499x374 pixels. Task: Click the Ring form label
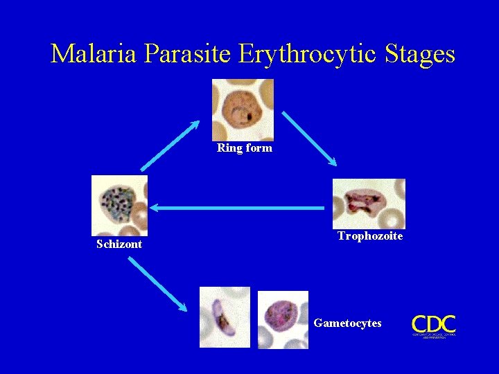tap(245, 148)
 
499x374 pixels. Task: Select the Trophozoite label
tap(369, 236)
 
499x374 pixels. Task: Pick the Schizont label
tap(119, 244)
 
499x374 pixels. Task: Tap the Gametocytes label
tap(347, 323)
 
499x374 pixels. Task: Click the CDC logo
tap(434, 324)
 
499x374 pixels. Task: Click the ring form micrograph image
tap(243, 109)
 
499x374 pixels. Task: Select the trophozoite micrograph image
tap(368, 203)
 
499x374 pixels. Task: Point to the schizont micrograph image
tap(119, 205)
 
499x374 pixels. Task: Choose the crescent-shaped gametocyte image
tap(225, 317)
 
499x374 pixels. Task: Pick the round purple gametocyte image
tap(283, 319)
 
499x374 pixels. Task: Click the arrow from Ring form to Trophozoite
tap(309, 139)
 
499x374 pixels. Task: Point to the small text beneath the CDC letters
tap(434, 336)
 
